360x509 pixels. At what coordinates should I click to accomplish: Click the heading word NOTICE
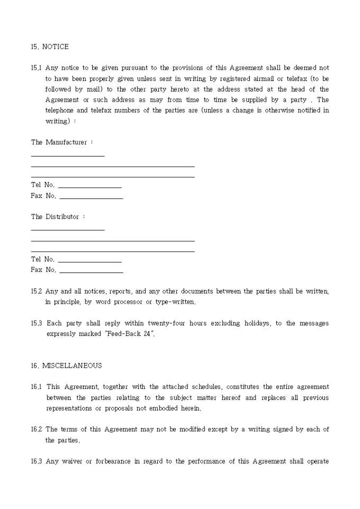point(55,47)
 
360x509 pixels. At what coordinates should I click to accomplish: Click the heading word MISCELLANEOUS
point(72,366)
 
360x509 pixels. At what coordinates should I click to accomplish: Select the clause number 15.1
point(36,68)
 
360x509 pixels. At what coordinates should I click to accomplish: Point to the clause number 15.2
point(36,291)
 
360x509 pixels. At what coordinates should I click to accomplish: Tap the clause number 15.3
point(36,323)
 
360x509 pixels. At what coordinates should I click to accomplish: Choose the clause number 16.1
point(36,387)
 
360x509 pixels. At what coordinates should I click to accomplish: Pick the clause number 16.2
point(36,429)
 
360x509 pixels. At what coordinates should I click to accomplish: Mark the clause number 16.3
point(36,461)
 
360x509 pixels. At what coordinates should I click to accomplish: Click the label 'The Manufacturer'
point(59,142)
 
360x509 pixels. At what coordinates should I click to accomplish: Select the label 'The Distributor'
point(55,216)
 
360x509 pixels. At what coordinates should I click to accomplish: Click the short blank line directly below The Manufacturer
point(68,155)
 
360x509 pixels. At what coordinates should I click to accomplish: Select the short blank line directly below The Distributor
point(68,229)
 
